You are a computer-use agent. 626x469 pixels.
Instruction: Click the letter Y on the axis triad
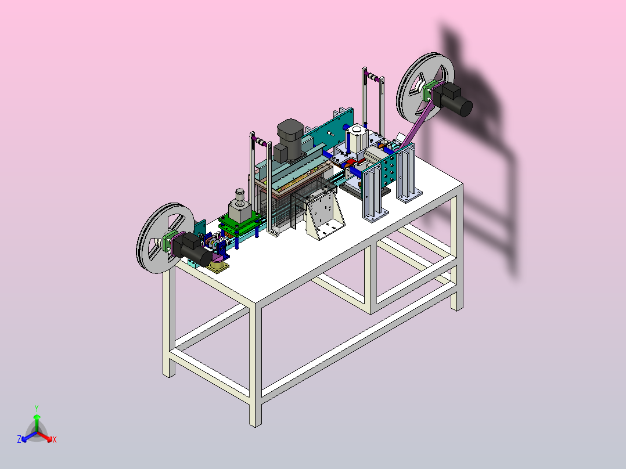pos(37,408)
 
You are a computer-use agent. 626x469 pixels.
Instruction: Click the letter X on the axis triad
pos(55,439)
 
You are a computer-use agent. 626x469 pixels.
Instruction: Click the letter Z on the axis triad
pos(19,439)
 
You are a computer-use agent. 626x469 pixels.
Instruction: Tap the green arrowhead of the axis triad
pos(37,417)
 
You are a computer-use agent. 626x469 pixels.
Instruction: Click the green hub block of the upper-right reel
pos(429,91)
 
